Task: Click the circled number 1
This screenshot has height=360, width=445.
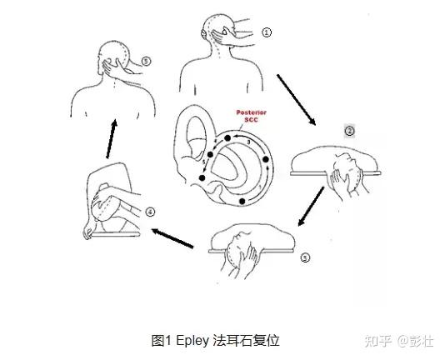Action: tap(266, 32)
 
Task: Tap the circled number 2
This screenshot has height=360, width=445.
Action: tap(350, 131)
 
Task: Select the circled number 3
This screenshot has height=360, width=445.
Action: tap(305, 257)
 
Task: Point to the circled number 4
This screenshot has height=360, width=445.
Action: tap(150, 212)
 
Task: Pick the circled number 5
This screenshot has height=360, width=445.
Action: tap(146, 62)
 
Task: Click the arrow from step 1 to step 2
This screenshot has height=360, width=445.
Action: tap(297, 100)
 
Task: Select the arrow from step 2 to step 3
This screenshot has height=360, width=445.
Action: tap(311, 206)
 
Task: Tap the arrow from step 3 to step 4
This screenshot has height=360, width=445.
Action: tap(172, 238)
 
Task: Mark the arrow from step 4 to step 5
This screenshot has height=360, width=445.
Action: tap(112, 139)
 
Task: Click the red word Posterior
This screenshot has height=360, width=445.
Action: tap(252, 112)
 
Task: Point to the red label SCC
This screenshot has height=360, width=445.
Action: tap(252, 120)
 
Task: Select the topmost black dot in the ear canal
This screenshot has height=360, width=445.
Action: tap(227, 138)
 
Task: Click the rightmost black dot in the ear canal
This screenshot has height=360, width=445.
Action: tap(266, 159)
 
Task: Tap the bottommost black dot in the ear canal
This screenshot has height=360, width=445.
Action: tap(242, 202)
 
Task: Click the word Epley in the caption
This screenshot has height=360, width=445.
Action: tap(192, 341)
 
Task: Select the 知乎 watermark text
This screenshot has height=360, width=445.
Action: tap(378, 341)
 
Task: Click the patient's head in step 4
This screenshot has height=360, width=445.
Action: tap(104, 203)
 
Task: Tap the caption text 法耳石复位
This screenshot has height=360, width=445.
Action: tap(246, 341)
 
